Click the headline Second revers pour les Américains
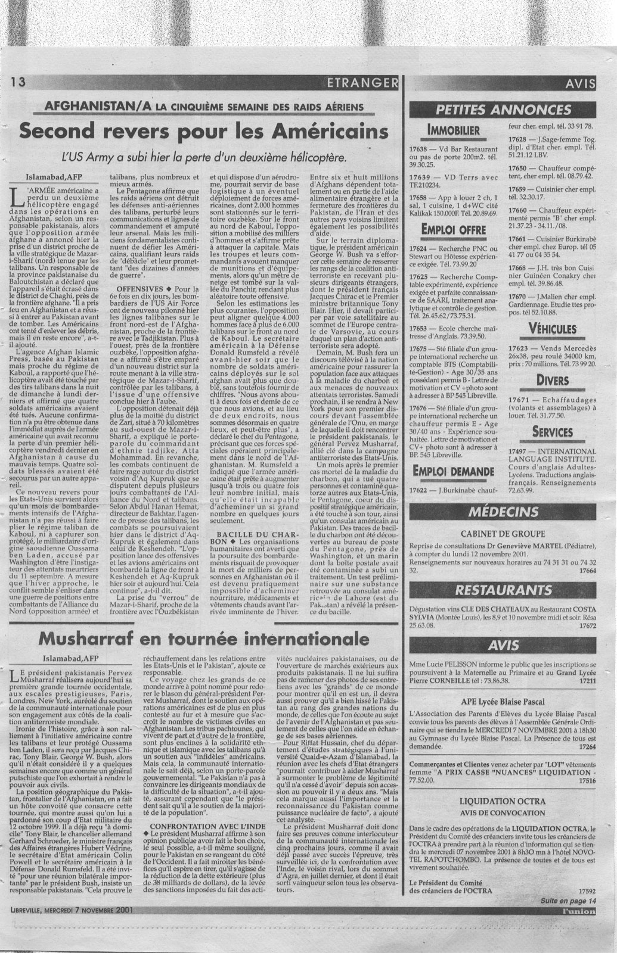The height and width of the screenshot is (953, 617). pyautogui.click(x=202, y=132)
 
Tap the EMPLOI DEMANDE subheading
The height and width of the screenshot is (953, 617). pyautogui.click(x=454, y=472)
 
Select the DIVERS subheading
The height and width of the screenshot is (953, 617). pyautogui.click(x=552, y=379)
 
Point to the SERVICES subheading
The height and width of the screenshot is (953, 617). pyautogui.click(x=552, y=430)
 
